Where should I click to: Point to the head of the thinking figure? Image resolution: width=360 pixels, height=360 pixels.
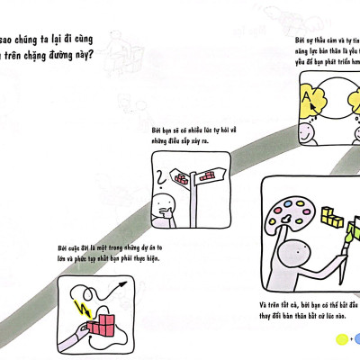(164, 203)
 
